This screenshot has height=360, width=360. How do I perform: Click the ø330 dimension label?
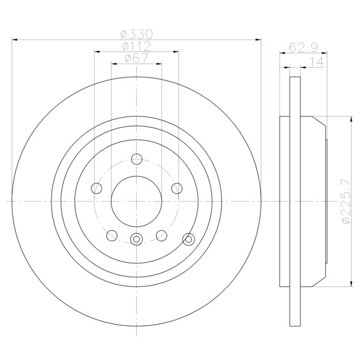(x=136, y=34)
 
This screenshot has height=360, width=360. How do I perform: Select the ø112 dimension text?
(x=136, y=46)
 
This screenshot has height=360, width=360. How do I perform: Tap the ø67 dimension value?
(x=136, y=58)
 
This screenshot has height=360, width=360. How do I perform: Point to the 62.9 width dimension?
(x=303, y=48)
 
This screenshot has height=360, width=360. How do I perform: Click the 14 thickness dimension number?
(x=317, y=62)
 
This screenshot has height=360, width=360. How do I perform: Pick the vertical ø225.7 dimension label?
(x=346, y=201)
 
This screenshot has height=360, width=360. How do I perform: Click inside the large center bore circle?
(x=136, y=202)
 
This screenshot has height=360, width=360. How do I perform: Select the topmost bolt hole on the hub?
(x=137, y=159)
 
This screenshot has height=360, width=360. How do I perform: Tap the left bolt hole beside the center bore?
(x=97, y=188)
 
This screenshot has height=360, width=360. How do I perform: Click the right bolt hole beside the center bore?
(x=177, y=188)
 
